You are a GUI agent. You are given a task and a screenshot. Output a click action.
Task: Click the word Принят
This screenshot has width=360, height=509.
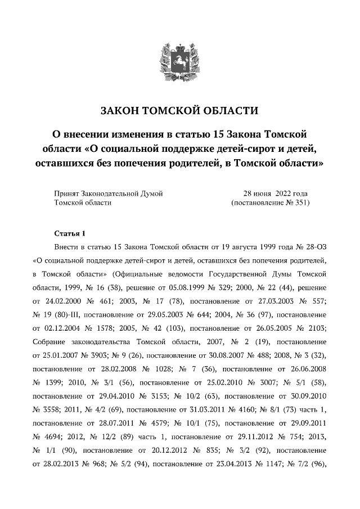click(67, 193)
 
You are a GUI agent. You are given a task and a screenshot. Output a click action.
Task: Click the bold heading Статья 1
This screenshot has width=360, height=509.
click(69, 233)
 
